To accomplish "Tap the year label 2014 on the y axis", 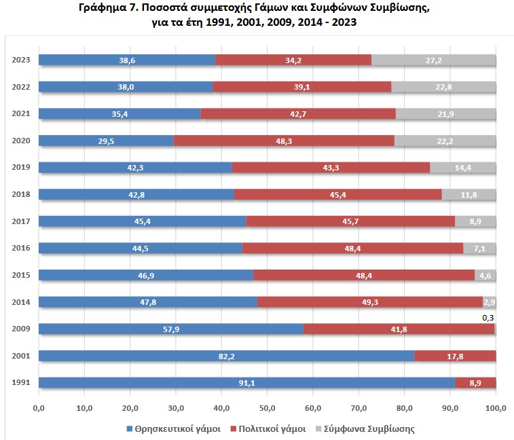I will [20, 302].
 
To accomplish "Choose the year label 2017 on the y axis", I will [20, 221].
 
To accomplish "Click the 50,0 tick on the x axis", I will [267, 407].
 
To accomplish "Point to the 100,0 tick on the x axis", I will [496, 407].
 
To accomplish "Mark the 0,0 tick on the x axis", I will [39, 407].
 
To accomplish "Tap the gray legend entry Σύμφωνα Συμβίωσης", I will [369, 429].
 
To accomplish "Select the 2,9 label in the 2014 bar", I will [489, 302].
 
